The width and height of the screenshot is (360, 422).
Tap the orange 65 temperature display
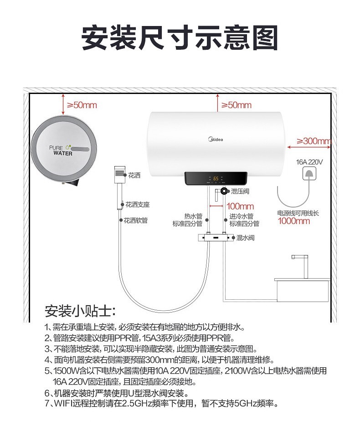click(x=216, y=179)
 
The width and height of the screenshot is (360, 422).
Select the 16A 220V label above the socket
click(x=309, y=162)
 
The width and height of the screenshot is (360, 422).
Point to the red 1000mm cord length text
click(x=294, y=221)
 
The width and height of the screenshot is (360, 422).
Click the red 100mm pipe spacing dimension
click(x=240, y=206)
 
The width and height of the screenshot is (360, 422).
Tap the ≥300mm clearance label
click(x=314, y=141)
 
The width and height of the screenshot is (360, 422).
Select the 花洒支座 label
click(x=138, y=204)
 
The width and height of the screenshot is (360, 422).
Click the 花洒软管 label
click(x=136, y=221)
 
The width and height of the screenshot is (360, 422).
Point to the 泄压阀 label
click(x=241, y=191)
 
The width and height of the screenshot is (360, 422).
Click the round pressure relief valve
click(x=224, y=191)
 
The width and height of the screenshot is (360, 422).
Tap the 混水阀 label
click(x=245, y=238)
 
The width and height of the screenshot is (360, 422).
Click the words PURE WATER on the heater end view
click(x=60, y=151)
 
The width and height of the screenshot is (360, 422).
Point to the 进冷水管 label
click(x=241, y=216)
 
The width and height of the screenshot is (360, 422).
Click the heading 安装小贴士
click(x=80, y=312)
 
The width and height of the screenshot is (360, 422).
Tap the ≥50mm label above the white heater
click(x=236, y=105)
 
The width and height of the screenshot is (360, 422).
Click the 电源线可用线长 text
click(x=298, y=213)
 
